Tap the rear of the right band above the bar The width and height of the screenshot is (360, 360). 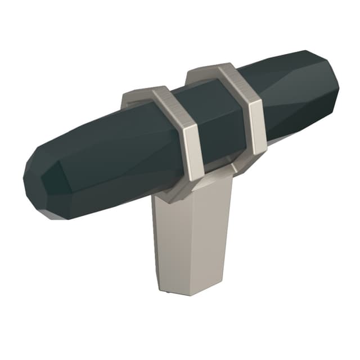coord(200,71)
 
